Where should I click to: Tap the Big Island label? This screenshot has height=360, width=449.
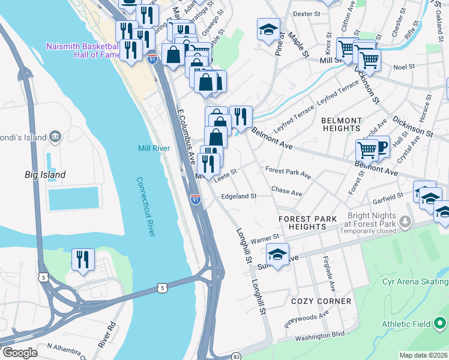tap(45, 175)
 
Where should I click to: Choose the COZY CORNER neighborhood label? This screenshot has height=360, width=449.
tap(321, 301)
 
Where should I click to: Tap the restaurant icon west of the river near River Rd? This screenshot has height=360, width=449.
tap(82, 259)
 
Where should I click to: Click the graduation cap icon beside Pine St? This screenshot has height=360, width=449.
tap(268, 29)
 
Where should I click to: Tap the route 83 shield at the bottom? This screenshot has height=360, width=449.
tap(237, 356)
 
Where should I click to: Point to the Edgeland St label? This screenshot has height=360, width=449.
tap(239, 196)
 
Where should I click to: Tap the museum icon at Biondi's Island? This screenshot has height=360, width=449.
tap(56, 137)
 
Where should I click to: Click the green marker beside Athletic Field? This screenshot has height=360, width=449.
tap(441, 324)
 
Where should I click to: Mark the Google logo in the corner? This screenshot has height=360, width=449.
tap(20, 353)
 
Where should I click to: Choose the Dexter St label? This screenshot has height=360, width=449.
tap(308, 13)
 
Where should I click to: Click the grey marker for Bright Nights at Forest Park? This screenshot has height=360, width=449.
tap(406, 223)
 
